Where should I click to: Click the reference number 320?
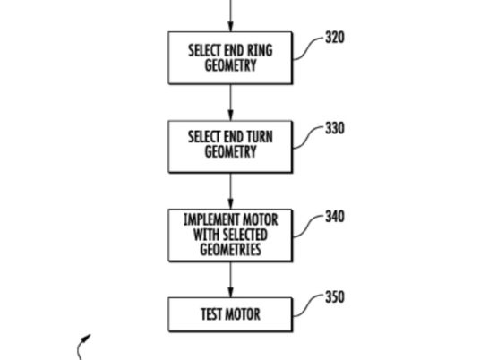tap(335, 38)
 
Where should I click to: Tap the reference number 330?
tap(335, 128)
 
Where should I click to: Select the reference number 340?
tap(335, 216)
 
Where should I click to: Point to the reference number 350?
tap(335, 297)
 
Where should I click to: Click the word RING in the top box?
tap(260, 50)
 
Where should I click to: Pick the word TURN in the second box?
tap(260, 137)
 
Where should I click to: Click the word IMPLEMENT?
tap(207, 219)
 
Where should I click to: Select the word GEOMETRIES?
tap(230, 249)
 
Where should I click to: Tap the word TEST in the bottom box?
tap(211, 314)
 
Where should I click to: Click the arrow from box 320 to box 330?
tap(230, 102)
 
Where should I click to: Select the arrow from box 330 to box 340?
tap(230, 191)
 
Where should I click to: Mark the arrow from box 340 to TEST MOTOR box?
tap(230, 279)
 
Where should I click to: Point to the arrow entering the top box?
tap(230, 15)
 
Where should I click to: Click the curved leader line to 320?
tap(308, 48)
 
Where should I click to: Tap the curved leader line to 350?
tap(308, 305)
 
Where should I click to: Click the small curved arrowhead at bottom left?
tap(87, 338)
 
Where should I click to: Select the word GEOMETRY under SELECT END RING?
tap(230, 65)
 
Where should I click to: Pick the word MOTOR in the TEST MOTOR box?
tap(243, 314)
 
